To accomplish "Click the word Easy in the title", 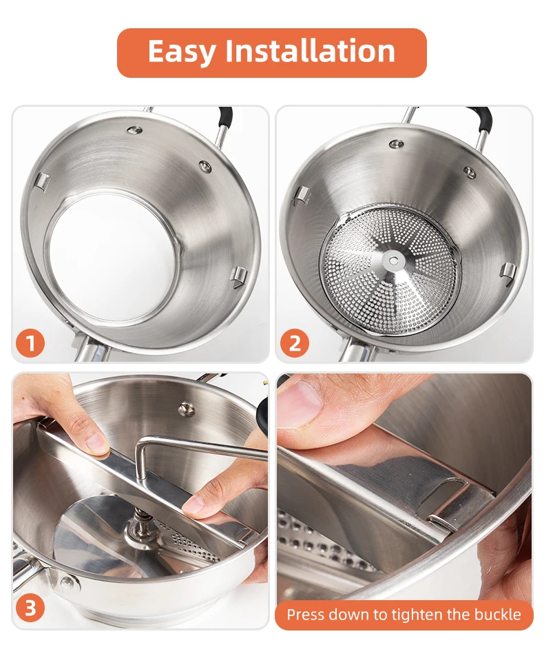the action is (x=182, y=52).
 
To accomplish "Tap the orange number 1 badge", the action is (x=30, y=343).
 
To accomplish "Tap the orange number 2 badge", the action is (x=295, y=343).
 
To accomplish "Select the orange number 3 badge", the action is (x=30, y=608).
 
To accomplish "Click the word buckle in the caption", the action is (x=497, y=614).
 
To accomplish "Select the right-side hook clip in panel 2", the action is (x=508, y=271).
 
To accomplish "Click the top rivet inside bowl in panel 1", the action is (x=135, y=130).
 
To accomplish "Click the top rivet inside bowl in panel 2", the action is (x=396, y=144).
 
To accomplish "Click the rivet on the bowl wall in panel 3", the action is (x=186, y=409).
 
